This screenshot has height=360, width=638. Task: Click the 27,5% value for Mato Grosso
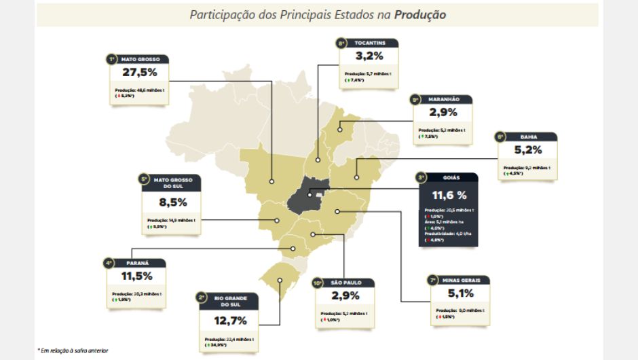tap(140, 73)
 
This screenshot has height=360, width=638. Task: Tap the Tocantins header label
tap(371, 43)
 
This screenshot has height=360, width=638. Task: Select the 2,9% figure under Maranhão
tap(443, 113)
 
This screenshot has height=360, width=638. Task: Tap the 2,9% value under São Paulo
tap(347, 296)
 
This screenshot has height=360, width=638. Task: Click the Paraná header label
tap(138, 262)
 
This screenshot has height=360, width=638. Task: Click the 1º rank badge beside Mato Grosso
tap(111, 59)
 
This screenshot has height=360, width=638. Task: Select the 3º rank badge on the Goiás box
tap(421, 177)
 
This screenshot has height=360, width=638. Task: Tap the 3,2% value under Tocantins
tap(369, 56)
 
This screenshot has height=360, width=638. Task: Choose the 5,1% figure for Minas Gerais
tap(462, 293)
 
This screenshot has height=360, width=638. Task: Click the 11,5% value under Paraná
tap(136, 276)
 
